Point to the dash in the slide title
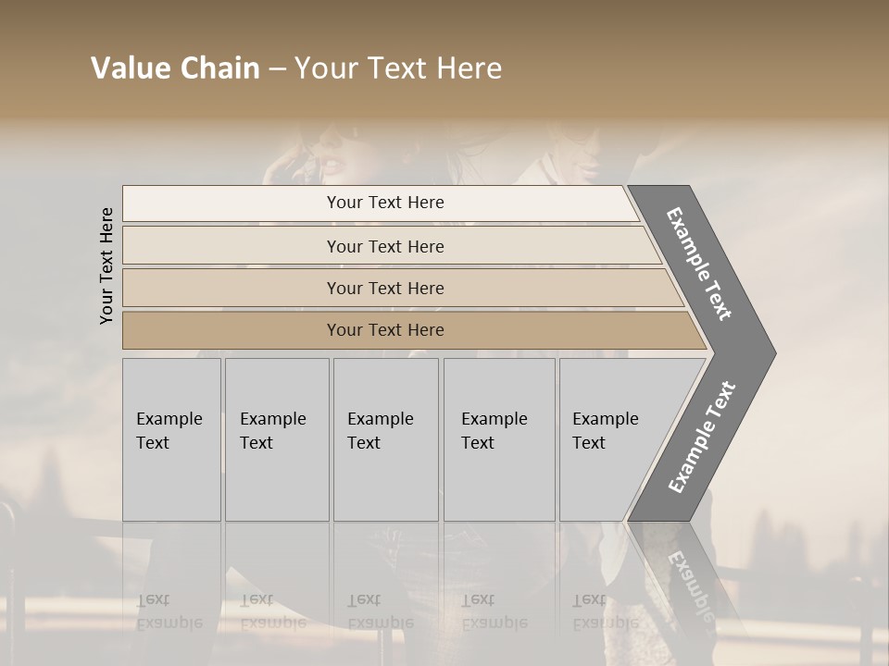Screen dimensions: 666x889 coord(277,69)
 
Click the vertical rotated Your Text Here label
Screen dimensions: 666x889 coord(106,265)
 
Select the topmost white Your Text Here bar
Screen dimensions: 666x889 coord(385,203)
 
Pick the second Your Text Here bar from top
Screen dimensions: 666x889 coord(385,246)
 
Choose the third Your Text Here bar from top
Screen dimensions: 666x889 coord(385,288)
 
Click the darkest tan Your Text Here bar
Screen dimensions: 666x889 coord(385,330)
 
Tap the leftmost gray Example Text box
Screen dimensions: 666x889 coord(171,439)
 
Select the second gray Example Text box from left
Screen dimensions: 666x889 coord(277,439)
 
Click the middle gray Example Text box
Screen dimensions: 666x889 coord(385,439)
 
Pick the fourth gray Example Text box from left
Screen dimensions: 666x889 coord(499,439)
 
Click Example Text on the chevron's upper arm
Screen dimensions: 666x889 coord(699,264)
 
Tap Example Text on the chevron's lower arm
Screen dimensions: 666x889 coord(701,438)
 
